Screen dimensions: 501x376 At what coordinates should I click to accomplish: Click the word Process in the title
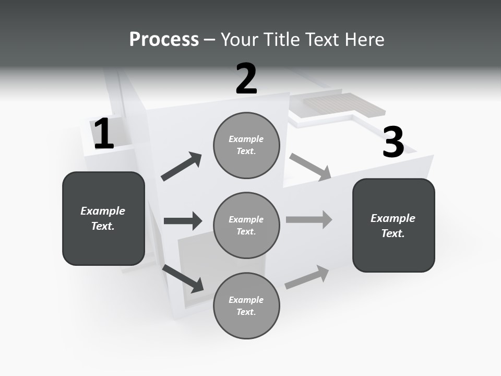coord(164,40)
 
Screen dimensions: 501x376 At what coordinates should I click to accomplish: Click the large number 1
coord(104,134)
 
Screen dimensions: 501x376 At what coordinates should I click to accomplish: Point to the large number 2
coord(246,79)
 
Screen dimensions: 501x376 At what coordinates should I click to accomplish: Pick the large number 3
coord(393,142)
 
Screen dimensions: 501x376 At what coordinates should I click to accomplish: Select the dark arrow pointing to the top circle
coord(182,167)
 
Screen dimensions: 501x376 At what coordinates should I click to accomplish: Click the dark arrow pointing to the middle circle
coord(183,221)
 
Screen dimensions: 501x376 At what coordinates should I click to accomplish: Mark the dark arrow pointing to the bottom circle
coord(183,278)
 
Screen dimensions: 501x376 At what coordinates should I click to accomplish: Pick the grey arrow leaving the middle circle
coord(309,219)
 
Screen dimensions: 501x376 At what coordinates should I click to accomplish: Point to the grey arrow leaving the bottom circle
coord(307,277)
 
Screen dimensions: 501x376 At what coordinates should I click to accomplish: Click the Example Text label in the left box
coord(103,218)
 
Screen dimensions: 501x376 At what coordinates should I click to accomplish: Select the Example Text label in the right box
coord(393,226)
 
